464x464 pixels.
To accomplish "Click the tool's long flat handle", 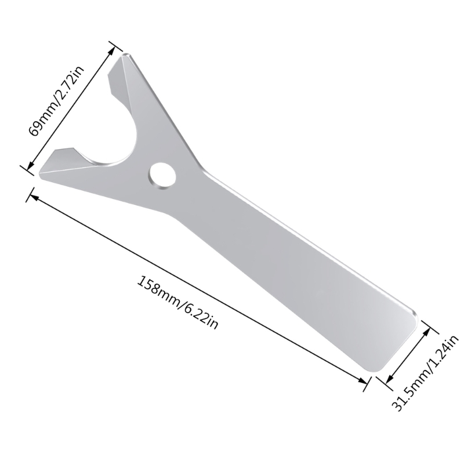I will point(302,267).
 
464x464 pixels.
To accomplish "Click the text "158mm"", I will point(157,290).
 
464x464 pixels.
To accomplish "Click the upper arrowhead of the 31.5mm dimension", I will point(429,329).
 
